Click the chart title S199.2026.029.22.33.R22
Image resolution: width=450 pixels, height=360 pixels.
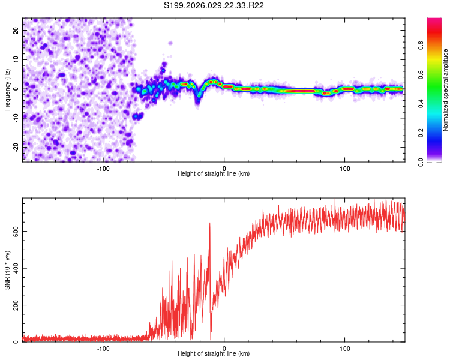pyautogui.click(x=214, y=5)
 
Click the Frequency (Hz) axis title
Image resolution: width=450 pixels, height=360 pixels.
pyautogui.click(x=7, y=89)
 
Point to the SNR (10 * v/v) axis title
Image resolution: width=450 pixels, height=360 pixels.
pyautogui.click(x=7, y=270)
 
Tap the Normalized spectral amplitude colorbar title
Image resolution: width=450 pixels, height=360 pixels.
pyautogui.click(x=446, y=90)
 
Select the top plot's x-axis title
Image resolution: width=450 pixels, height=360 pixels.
pyautogui.click(x=214, y=173)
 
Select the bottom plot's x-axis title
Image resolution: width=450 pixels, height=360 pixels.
pyautogui.click(x=214, y=353)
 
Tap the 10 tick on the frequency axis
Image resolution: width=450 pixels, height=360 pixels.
pyautogui.click(x=16, y=59)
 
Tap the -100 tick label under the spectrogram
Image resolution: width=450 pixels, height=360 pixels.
pyautogui.click(x=103, y=168)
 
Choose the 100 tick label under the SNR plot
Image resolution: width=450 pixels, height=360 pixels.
pyautogui.click(x=345, y=348)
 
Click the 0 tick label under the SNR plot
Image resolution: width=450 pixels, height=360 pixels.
pyautogui.click(x=224, y=348)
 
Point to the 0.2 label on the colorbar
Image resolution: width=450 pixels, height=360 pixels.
pyautogui.click(x=421, y=133)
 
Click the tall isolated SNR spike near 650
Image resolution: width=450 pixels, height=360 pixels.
pyautogui.click(x=210, y=224)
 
